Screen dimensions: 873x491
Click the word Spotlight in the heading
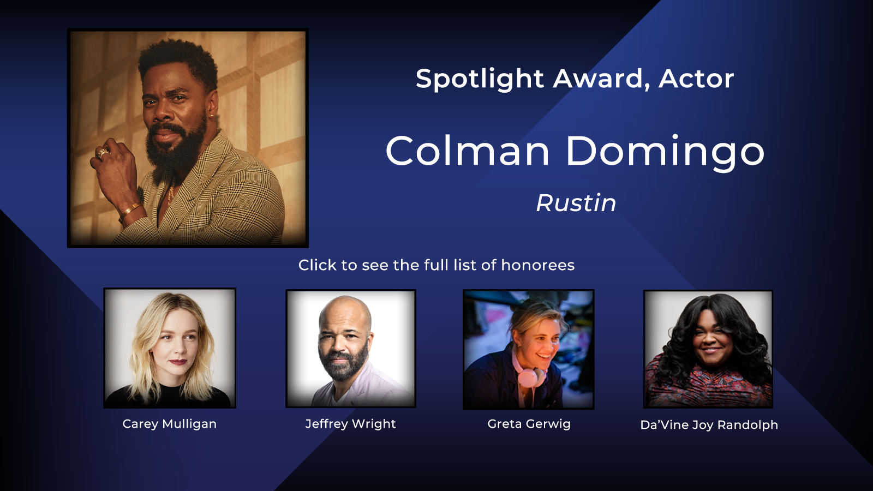[480, 79]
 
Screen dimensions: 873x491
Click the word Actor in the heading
[696, 79]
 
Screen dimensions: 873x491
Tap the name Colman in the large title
[468, 151]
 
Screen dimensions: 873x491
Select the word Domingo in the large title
[665, 153]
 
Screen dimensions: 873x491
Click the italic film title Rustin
[576, 203]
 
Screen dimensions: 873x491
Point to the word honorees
[538, 265]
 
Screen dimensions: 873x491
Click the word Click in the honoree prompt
[317, 265]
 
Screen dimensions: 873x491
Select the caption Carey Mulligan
[170, 424]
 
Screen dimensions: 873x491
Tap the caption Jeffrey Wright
[350, 424]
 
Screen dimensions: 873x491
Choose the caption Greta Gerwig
[529, 424]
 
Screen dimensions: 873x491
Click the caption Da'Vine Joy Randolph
[709, 425]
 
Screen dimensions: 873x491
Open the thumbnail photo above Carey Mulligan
[170, 348]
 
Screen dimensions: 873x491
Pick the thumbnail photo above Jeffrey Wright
[351, 349]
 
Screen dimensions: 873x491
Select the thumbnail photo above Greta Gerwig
[529, 349]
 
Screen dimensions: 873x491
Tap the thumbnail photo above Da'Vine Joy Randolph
[708, 349]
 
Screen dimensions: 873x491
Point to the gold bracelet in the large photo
[130, 211]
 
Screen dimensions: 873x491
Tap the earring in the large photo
[211, 115]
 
